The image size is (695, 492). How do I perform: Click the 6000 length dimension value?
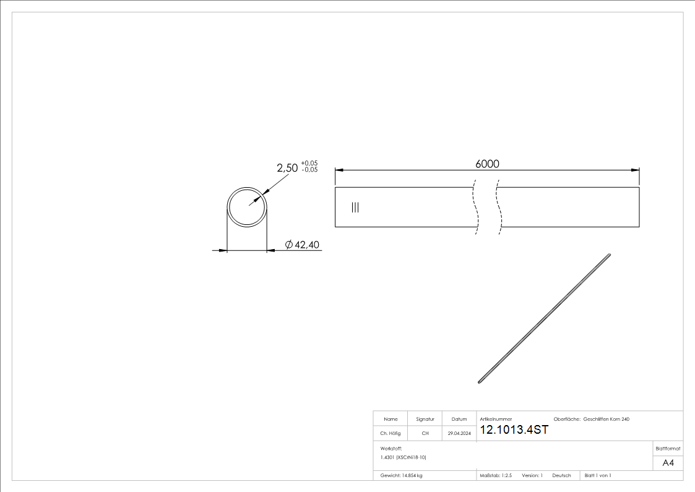487,164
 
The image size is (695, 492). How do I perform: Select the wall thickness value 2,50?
287,168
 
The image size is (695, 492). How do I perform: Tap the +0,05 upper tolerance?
309,164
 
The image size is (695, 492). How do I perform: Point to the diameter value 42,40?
307,245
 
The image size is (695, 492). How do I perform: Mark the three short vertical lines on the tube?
355,208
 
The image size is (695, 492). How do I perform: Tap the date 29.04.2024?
459,434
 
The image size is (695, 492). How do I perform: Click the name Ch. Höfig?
390,434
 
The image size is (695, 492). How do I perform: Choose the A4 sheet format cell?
668,463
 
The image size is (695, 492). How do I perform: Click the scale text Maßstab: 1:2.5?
496,475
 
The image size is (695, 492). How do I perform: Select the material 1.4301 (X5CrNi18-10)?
404,457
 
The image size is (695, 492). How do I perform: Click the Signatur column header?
425,420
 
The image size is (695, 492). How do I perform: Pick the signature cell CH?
425,434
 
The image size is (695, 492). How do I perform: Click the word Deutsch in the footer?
561,475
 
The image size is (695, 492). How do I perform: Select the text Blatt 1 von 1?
598,475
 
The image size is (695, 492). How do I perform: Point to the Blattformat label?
668,448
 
